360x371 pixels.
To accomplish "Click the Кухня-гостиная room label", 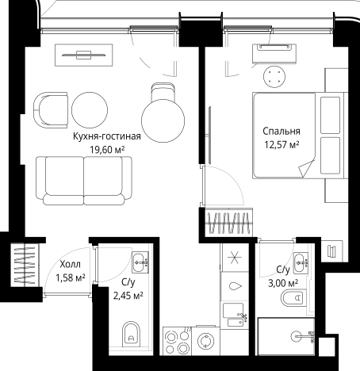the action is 107,136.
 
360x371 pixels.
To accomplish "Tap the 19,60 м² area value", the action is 107,150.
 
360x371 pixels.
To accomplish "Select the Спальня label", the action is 281,131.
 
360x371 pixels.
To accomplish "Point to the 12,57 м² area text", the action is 281,144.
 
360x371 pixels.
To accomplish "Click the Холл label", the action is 70,264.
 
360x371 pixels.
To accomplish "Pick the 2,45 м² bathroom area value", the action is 128,296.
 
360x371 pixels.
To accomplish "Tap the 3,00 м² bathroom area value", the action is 283,283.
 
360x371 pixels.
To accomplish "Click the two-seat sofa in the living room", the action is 84,181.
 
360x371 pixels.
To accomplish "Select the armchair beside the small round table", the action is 51,110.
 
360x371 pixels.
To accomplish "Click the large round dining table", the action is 163,120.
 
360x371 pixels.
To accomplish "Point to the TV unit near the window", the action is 84,55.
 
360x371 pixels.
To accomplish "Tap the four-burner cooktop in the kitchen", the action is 177,341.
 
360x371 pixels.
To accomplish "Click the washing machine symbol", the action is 205,341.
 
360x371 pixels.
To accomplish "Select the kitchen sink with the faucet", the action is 235,315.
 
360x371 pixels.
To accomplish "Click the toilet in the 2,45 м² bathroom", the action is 132,335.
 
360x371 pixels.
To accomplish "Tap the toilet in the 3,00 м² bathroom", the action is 293,298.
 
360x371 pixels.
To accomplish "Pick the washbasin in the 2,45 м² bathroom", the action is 140,262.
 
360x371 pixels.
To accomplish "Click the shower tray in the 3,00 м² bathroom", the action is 286,336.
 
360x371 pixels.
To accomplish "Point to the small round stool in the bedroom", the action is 274,76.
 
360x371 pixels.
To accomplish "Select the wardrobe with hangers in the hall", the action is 25,265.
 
